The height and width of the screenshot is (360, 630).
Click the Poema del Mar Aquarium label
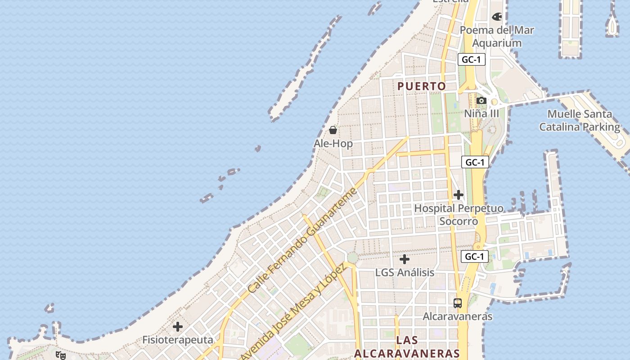pyautogui.click(x=497, y=36)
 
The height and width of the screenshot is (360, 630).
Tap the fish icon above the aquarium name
pyautogui.click(x=497, y=17)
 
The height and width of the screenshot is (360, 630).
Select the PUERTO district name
pyautogui.click(x=422, y=86)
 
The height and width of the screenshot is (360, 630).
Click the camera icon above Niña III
pyautogui.click(x=481, y=100)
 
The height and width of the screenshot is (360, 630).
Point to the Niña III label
pyautogui.click(x=481, y=113)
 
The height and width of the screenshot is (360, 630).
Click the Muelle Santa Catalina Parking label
pyautogui.click(x=580, y=121)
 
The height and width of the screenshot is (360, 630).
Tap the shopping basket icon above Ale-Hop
pyautogui.click(x=333, y=130)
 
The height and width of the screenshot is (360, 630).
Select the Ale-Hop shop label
pyautogui.click(x=333, y=144)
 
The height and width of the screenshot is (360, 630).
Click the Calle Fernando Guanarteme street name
pyautogui.click(x=302, y=240)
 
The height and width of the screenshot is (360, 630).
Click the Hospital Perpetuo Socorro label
pyautogui.click(x=459, y=215)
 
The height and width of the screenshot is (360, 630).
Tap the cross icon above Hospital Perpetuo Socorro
pyautogui.click(x=459, y=195)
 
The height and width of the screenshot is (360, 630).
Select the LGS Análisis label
pyautogui.click(x=405, y=273)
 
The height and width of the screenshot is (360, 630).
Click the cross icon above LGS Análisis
pyautogui.click(x=405, y=259)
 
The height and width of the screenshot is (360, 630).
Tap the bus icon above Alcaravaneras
pyautogui.click(x=458, y=303)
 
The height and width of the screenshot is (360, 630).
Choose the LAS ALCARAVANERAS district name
pyautogui.click(x=407, y=346)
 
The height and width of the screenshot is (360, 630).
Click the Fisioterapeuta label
pyautogui.click(x=178, y=340)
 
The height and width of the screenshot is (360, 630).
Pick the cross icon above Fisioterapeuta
pyautogui.click(x=178, y=326)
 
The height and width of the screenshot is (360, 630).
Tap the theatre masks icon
pyautogui.click(x=61, y=355)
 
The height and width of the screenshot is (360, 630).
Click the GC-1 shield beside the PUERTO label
pyautogui.click(x=472, y=59)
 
